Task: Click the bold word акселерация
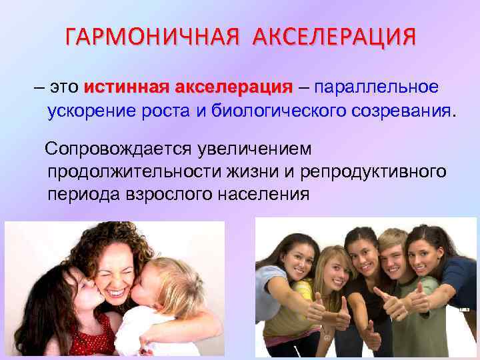pyautogui.click(x=234, y=87)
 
